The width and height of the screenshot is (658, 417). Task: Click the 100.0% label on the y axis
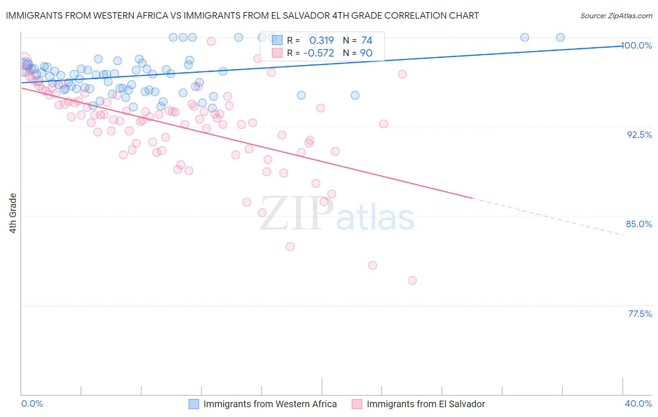tap(637, 45)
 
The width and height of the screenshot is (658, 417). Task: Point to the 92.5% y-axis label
tap(639, 135)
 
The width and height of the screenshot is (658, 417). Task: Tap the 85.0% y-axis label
tap(639, 224)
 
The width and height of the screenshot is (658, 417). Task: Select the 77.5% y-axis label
tap(640, 314)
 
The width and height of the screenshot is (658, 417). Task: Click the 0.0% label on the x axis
tap(32, 403)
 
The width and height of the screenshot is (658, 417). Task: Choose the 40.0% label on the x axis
tap(638, 403)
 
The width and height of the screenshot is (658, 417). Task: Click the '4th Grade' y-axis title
tap(13, 213)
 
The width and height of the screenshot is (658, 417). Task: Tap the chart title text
tap(242, 15)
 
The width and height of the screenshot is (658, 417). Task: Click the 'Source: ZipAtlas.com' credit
tap(616, 15)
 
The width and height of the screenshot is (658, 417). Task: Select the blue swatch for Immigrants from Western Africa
tap(194, 404)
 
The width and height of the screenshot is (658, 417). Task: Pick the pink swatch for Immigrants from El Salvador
tap(357, 404)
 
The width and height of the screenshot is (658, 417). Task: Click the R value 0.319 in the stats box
tap(322, 40)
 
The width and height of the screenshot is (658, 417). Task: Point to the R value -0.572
tap(319, 53)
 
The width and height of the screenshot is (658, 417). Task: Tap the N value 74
tap(366, 40)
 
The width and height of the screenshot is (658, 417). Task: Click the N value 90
tap(366, 53)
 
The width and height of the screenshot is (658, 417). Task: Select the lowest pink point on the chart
tap(412, 280)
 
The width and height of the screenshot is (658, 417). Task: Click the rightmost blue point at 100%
tap(560, 37)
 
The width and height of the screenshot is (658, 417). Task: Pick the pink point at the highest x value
tap(412, 280)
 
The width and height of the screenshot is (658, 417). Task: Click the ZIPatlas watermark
tap(337, 214)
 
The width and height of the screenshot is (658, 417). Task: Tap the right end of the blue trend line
tap(622, 46)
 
